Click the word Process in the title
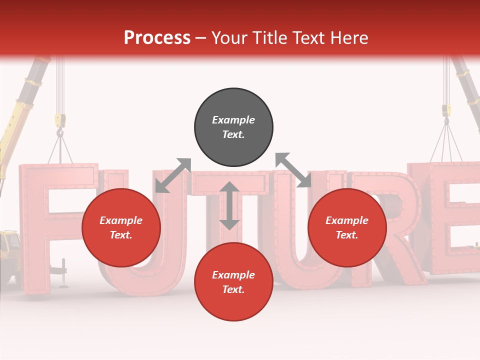[157, 38]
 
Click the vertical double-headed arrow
[229, 205]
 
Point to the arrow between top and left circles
[173, 175]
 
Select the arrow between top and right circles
[293, 170]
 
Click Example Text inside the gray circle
[233, 127]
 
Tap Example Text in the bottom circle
[233, 282]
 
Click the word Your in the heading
[228, 38]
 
